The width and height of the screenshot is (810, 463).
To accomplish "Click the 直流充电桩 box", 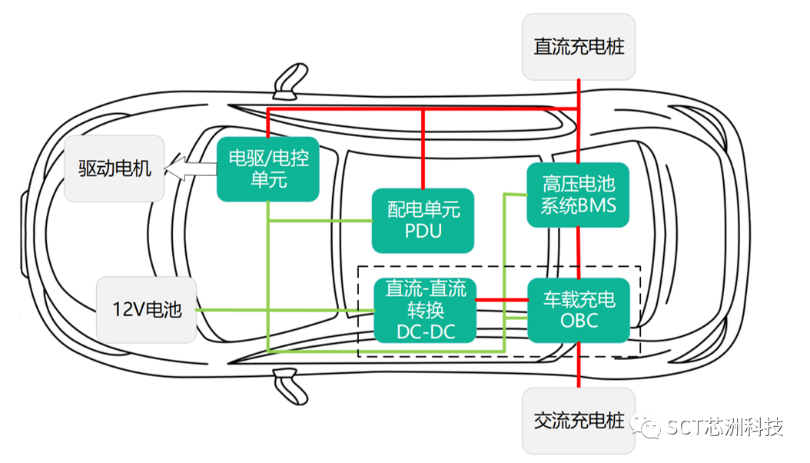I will click(579, 47).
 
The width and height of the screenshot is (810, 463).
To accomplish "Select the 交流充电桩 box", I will click(579, 421).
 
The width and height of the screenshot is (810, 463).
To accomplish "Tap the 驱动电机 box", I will click(115, 168).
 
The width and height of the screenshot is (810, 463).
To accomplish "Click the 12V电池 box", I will click(146, 310).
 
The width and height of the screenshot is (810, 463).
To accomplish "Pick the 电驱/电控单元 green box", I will click(267, 169).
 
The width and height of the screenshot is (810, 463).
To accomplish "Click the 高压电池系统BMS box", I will click(578, 195).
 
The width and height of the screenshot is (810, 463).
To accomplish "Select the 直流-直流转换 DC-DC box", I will click(425, 309).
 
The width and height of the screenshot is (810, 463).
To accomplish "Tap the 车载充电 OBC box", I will click(579, 309).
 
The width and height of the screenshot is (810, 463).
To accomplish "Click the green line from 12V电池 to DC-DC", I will click(284, 310).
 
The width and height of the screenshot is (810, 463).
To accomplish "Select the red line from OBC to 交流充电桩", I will click(578, 365).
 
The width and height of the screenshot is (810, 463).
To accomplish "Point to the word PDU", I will click(423, 230).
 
